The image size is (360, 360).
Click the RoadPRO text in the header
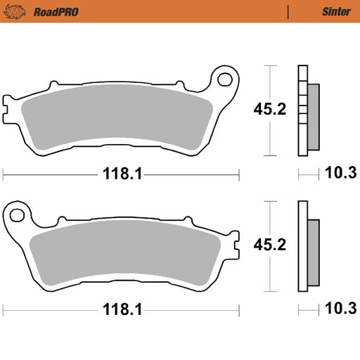point(56,12)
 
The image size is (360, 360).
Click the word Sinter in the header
point(336,11)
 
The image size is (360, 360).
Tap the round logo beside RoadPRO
point(15,12)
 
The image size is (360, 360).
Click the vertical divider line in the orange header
point(288,12)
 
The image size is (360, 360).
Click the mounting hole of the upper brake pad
point(225,79)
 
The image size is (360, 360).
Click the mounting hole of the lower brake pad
point(17,215)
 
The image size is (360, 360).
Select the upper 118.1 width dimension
point(122,174)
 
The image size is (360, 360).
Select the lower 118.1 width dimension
point(122,309)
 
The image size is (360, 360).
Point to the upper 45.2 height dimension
point(270,109)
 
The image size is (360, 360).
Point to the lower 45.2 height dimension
point(270,245)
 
